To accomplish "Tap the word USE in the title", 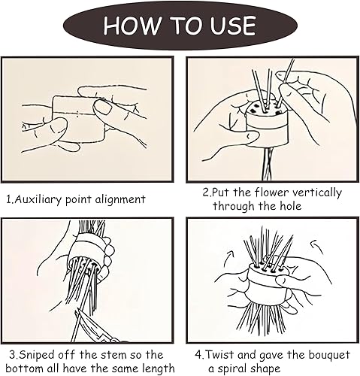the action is pos(233,26).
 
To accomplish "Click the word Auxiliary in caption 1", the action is pos(38,199).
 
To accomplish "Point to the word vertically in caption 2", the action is pos(317,193).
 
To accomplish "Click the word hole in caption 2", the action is pos(291,206).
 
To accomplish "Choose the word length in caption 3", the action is pos(159,368).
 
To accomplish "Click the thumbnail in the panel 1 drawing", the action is pos(103,108).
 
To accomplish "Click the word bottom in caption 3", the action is pos(22,368).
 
